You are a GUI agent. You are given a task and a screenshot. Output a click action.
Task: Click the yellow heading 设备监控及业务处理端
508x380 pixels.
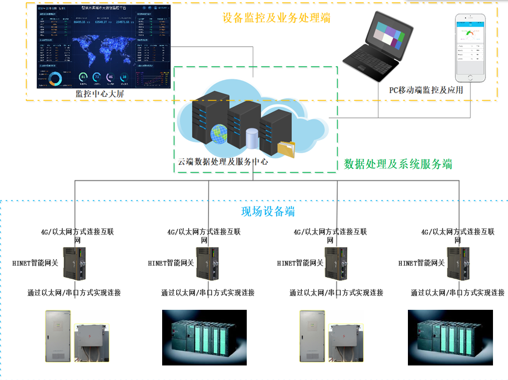pyautogui.click(x=276, y=18)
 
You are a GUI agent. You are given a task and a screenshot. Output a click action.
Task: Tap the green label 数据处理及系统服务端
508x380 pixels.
pyautogui.click(x=398, y=164)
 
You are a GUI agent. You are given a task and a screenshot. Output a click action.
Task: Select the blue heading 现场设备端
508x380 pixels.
pyautogui.click(x=268, y=212)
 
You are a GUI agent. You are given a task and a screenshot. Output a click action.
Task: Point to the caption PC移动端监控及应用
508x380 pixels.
pyautogui.click(x=426, y=90)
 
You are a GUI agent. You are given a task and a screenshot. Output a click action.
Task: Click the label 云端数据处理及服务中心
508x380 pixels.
pyautogui.click(x=223, y=162)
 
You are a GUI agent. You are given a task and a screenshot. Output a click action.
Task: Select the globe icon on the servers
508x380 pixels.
pyautogui.click(x=219, y=134)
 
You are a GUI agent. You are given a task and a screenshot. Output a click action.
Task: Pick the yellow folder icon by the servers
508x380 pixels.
pyautogui.click(x=286, y=149)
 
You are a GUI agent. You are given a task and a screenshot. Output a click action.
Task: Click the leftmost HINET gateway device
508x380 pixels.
pyautogui.click(x=75, y=264)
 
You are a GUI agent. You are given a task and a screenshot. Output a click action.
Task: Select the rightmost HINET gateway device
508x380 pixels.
pyautogui.click(x=457, y=264)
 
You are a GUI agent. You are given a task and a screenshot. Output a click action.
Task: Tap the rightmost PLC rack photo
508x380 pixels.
pyautogui.click(x=450, y=337)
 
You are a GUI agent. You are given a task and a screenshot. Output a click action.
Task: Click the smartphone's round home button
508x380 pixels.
pyautogui.click(x=470, y=78)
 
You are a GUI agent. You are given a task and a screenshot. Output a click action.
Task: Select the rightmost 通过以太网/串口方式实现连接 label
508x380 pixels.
pyautogui.click(x=457, y=293)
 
